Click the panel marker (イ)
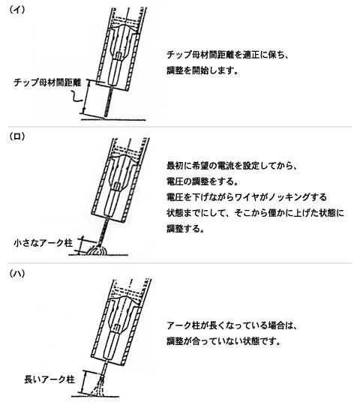(17, 10)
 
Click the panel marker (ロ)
(17, 136)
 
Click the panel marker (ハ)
(17, 274)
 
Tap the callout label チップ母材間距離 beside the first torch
(47, 82)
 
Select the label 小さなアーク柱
(43, 243)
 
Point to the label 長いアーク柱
(49, 379)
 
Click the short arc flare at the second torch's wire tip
(97, 250)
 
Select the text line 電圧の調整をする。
(202, 181)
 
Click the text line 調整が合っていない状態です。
(223, 341)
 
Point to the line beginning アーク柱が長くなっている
(232, 325)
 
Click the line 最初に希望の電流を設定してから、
(232, 165)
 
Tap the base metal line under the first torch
(114, 119)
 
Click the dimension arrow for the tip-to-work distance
(85, 97)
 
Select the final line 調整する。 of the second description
(185, 229)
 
